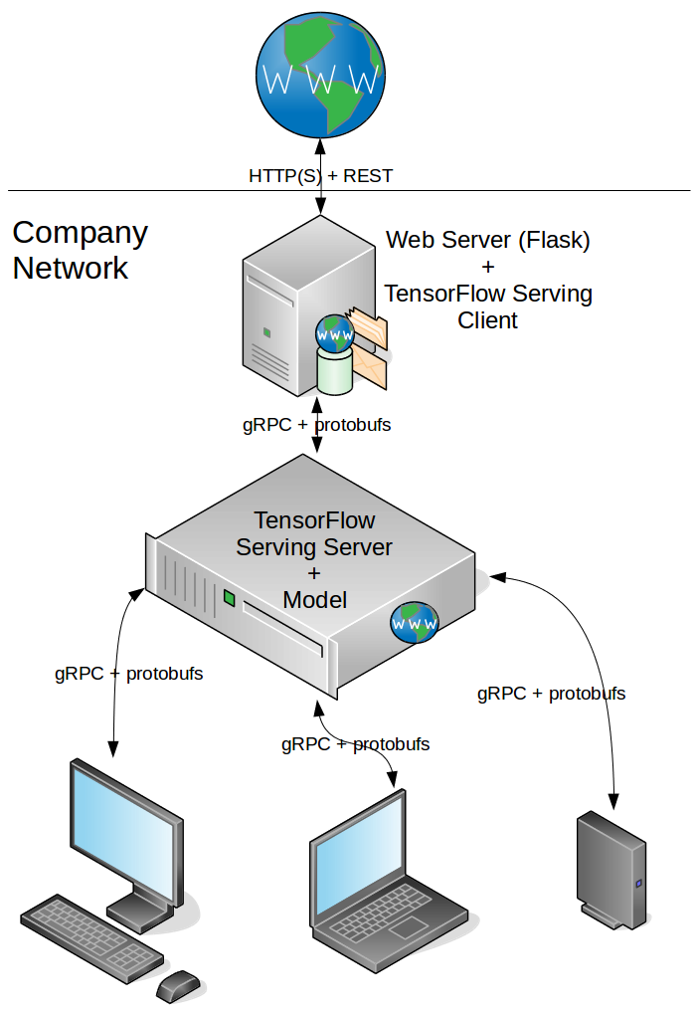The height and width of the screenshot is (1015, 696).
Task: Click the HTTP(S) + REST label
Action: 320,176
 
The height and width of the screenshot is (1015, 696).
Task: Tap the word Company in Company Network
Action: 80,233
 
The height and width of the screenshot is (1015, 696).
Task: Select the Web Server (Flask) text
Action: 487,240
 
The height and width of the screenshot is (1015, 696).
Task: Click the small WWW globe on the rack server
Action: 415,623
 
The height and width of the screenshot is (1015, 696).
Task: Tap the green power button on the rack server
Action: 230,598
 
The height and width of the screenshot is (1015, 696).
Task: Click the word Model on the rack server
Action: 314,600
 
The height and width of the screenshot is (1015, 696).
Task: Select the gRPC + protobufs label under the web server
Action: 316,425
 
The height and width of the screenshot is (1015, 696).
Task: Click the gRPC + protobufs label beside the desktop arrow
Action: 129,674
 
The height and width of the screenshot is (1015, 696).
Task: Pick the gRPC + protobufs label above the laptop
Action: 355,743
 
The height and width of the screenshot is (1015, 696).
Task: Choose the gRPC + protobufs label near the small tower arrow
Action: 552,694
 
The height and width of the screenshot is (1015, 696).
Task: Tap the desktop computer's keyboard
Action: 91,935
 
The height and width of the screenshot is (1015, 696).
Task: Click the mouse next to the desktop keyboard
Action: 179,986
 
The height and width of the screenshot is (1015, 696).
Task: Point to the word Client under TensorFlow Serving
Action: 487,320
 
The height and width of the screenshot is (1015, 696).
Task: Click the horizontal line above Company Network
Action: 149,190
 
